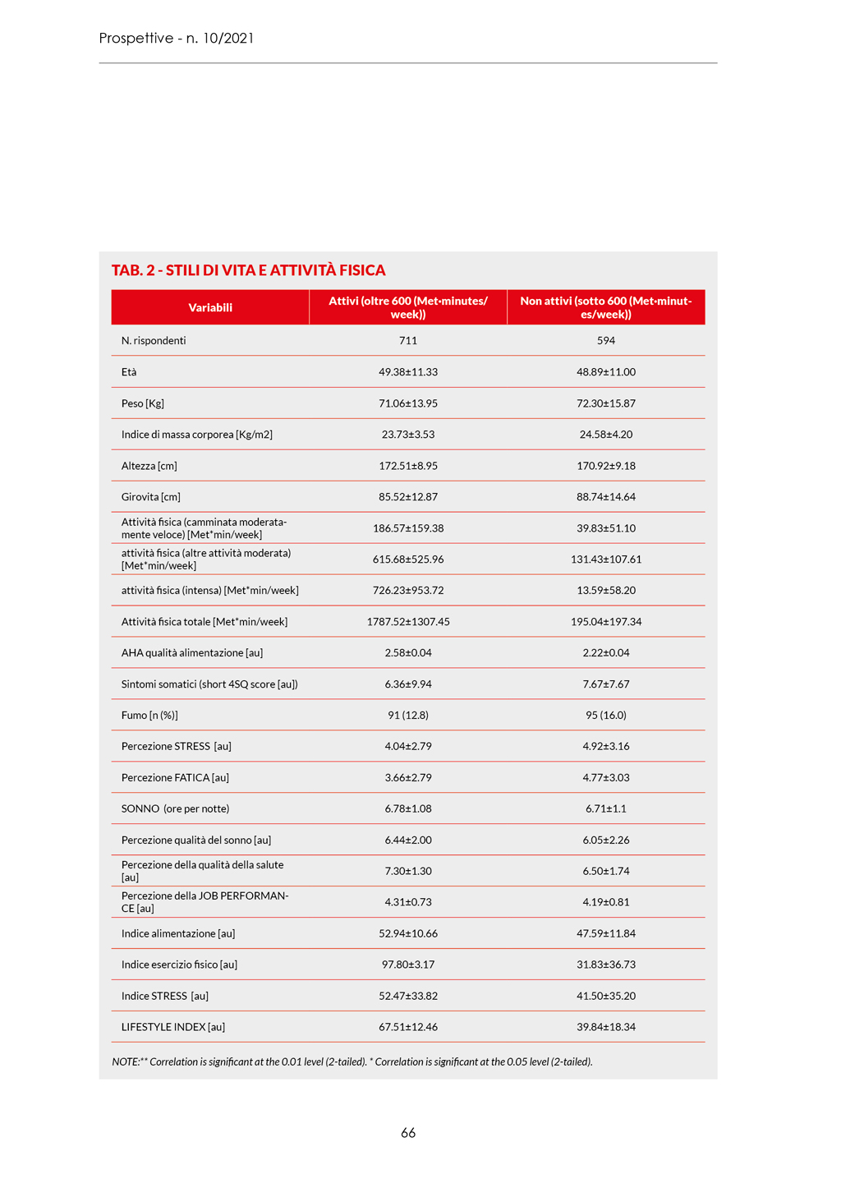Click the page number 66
point(408,1133)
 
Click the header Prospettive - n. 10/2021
point(177,38)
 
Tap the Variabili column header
point(210,307)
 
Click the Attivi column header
point(408,307)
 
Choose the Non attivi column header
point(606,307)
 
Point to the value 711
point(408,340)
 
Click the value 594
point(606,340)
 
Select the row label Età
point(129,372)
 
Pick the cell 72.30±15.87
point(606,403)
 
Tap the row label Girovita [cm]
point(151,497)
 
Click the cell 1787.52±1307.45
point(408,622)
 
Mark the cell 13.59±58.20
point(606,591)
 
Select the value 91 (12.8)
point(408,716)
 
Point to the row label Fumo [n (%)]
point(149,716)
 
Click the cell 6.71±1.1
point(606,808)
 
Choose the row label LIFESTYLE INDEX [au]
point(173,1027)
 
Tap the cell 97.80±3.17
point(408,965)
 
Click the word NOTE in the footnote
point(125,1062)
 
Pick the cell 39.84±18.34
point(606,1027)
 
